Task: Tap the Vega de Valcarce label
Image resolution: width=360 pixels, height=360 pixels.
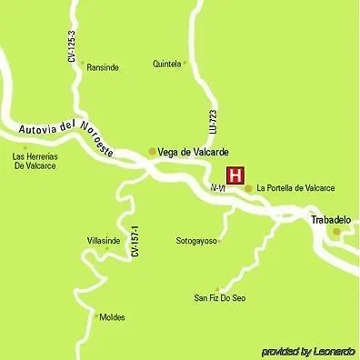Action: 193,152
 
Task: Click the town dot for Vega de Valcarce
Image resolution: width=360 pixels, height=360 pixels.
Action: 152,152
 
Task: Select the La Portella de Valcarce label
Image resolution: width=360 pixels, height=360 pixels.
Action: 295,188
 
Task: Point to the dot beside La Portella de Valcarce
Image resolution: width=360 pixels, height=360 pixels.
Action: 248,188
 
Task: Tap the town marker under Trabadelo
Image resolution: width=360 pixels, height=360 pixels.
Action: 336,233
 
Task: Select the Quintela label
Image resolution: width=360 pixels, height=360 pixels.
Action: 167,65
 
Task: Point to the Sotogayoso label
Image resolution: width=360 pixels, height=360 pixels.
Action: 196,241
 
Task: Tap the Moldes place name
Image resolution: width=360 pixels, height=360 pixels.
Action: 112,317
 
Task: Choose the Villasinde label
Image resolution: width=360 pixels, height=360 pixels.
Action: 104,240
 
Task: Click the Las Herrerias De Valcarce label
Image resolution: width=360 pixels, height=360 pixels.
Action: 35,161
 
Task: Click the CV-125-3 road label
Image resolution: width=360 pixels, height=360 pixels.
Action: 71,45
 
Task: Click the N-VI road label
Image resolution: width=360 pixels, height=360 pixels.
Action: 217,187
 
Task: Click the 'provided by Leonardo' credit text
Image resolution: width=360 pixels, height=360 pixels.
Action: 308,351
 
